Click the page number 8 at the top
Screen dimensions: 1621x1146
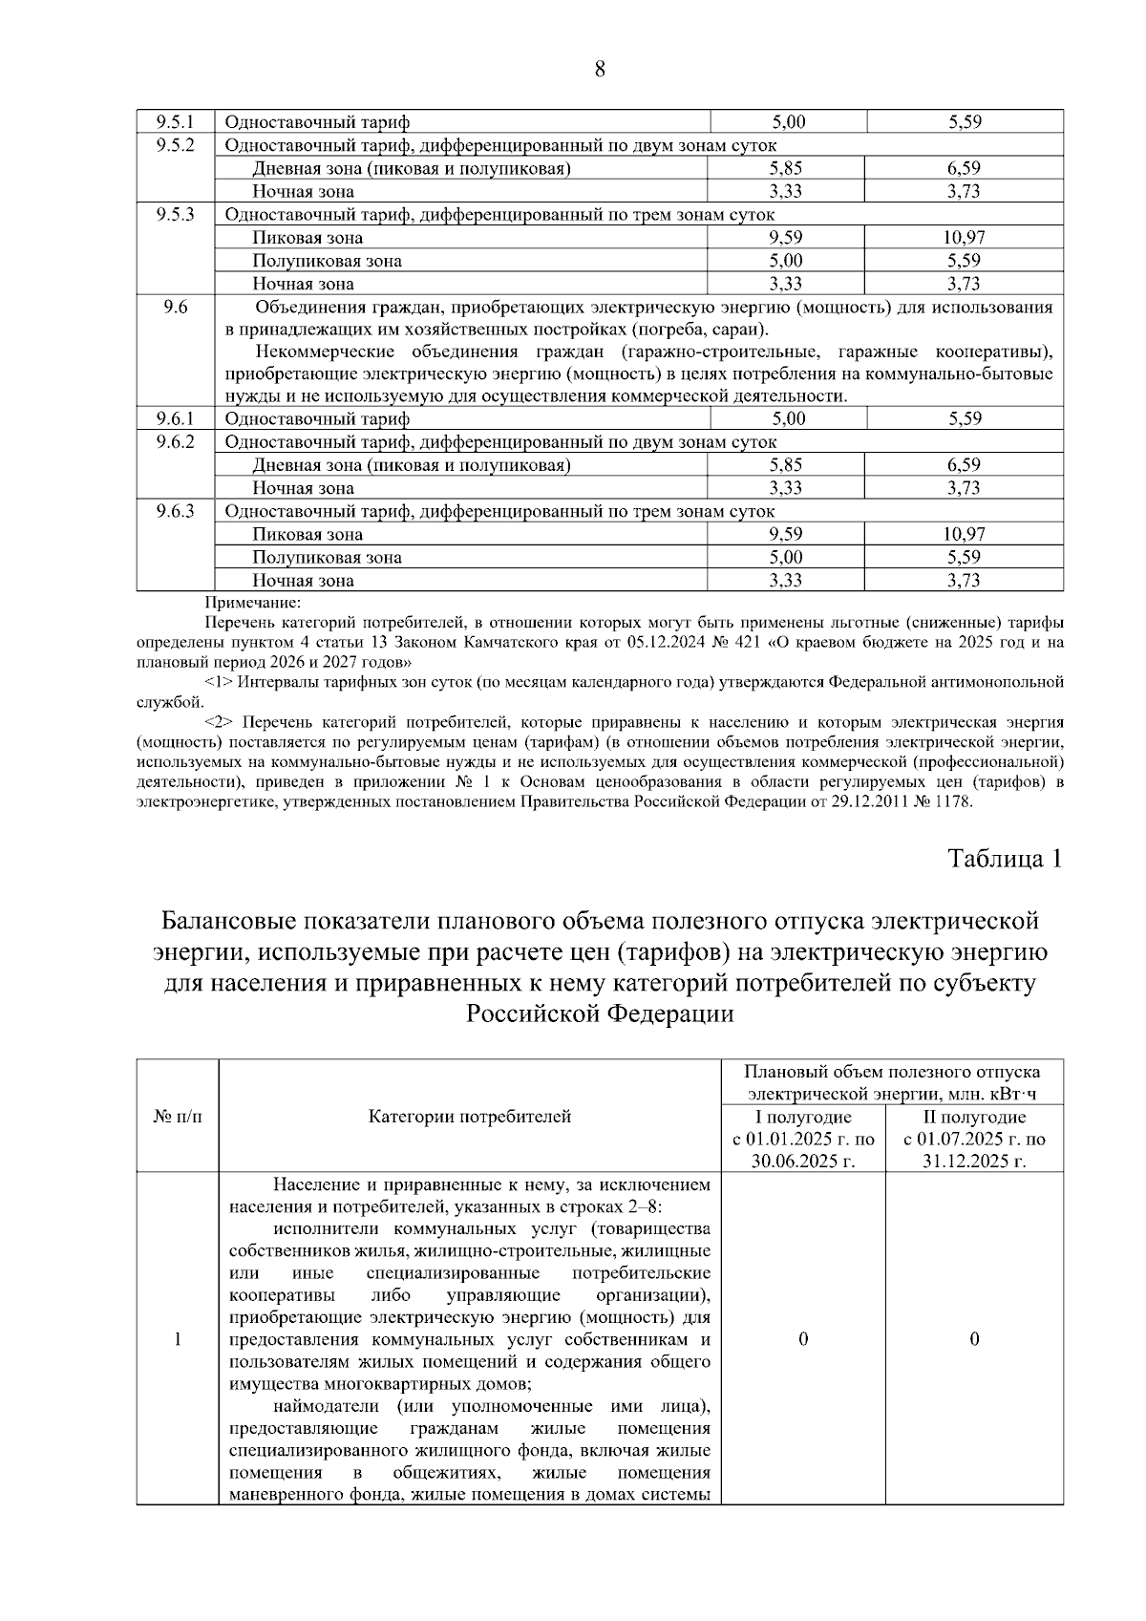pyautogui.click(x=600, y=69)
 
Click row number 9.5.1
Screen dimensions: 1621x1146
pyautogui.click(x=176, y=121)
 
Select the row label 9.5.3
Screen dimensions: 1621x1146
pyautogui.click(x=176, y=214)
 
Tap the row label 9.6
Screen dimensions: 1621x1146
pyautogui.click(x=176, y=307)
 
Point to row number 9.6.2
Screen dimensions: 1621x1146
pyautogui.click(x=176, y=441)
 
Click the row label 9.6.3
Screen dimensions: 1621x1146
pyautogui.click(x=176, y=511)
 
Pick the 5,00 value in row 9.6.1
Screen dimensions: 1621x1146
pyautogui.click(x=788, y=418)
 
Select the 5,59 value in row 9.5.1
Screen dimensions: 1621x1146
pyautogui.click(x=965, y=121)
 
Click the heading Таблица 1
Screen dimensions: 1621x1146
pyautogui.click(x=1005, y=859)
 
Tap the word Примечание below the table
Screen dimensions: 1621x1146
pyautogui.click(x=252, y=603)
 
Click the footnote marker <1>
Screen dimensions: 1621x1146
pyautogui.click(x=219, y=682)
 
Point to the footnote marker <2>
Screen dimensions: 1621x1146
pyautogui.click(x=219, y=722)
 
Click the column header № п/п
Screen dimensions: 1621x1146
pyautogui.click(x=178, y=1117)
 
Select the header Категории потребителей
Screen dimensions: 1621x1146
pyautogui.click(x=470, y=1117)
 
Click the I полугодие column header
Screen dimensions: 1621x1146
pyautogui.click(x=803, y=1117)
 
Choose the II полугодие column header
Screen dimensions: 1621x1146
pyautogui.click(x=974, y=1117)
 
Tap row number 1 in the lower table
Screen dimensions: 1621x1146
pyautogui.click(x=178, y=1339)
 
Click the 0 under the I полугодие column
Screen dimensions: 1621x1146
pyautogui.click(x=802, y=1339)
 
